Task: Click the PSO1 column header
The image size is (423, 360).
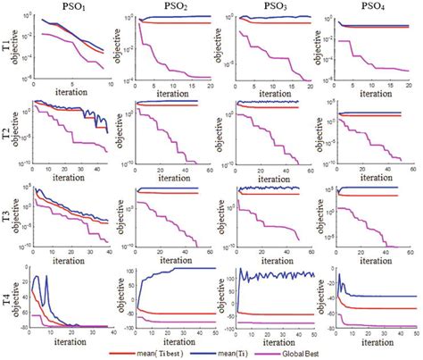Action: click(64, 7)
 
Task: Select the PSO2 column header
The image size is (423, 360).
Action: click(170, 7)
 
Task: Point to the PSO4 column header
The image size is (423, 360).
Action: click(370, 7)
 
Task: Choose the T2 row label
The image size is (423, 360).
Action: click(9, 130)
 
